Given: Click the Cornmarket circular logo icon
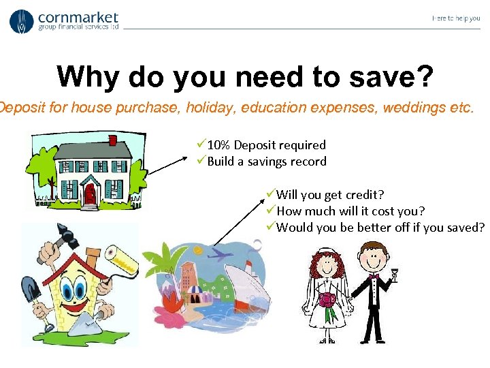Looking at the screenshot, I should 21,21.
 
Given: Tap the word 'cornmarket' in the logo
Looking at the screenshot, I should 78,17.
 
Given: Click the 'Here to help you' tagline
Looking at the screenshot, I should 455,18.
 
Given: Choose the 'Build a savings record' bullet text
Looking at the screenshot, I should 266,162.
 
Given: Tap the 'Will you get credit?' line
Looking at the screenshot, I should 326,195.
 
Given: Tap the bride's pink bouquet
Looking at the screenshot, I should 327,301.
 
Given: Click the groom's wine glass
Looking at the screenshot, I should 393,275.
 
